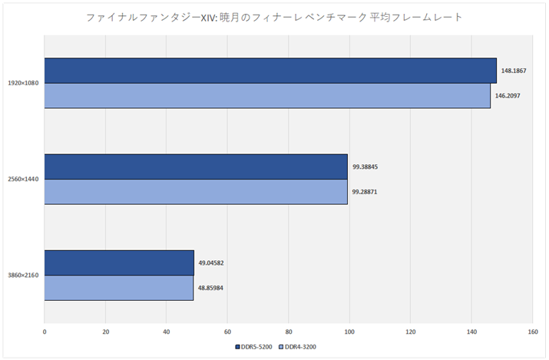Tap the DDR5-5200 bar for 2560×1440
(x=196, y=167)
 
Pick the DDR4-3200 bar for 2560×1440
(x=196, y=191)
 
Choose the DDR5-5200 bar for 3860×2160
(x=119, y=263)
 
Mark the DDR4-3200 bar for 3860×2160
(x=119, y=287)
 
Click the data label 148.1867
(x=513, y=71)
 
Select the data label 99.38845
(x=365, y=167)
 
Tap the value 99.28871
(x=365, y=191)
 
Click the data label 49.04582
(x=211, y=263)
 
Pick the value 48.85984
(x=211, y=287)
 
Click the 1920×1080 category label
(x=23, y=83)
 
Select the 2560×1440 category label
(x=23, y=179)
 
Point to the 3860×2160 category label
(x=23, y=275)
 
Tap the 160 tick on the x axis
(x=532, y=332)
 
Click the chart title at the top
(x=274, y=16)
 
